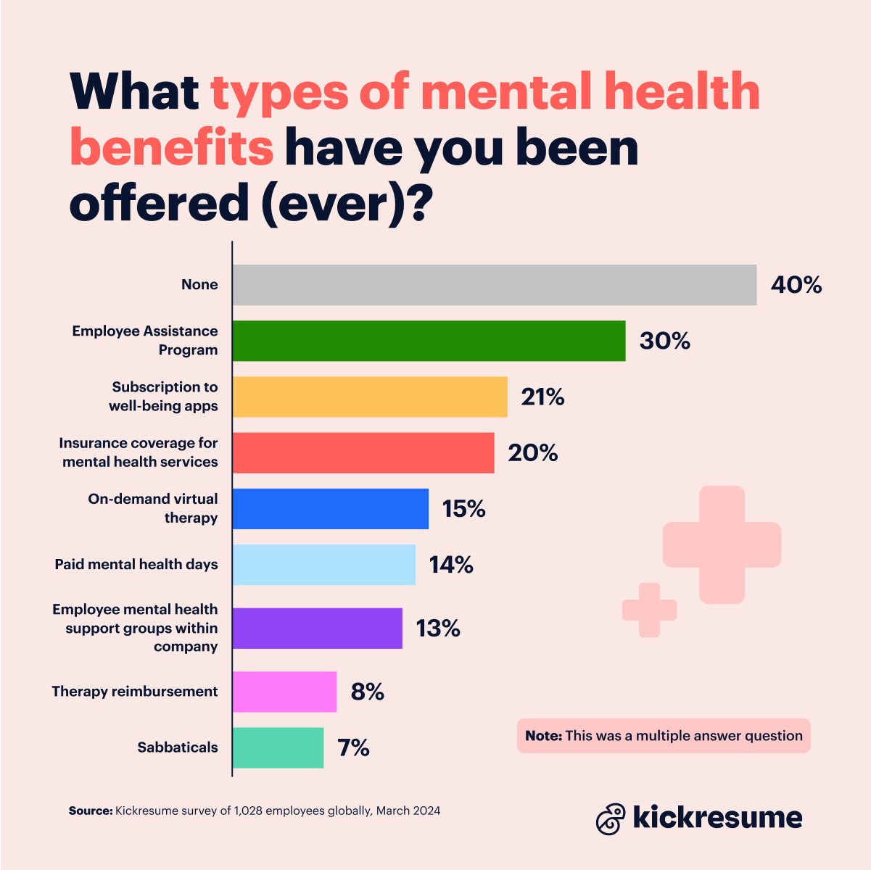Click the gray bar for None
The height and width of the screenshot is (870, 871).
click(x=494, y=285)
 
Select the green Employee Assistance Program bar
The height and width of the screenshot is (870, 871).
click(x=429, y=341)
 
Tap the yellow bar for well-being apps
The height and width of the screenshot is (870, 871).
click(x=370, y=397)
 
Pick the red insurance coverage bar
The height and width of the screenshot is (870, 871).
click(x=363, y=453)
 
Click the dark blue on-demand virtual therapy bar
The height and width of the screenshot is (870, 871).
click(x=331, y=509)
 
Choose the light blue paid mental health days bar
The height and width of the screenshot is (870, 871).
click(x=324, y=565)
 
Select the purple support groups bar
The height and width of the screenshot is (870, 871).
click(x=318, y=628)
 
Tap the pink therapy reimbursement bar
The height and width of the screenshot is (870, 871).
click(x=285, y=692)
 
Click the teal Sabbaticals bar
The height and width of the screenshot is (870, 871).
click(x=278, y=747)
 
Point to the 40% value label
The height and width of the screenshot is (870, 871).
click(x=796, y=285)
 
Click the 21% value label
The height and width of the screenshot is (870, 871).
click(x=542, y=397)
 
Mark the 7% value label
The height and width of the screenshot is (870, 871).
click(x=353, y=747)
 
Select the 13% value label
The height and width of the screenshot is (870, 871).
click(x=438, y=628)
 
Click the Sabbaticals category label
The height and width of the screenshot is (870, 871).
click(x=178, y=747)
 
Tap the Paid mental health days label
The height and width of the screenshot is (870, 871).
click(x=136, y=564)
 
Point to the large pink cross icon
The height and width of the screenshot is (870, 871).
click(x=722, y=544)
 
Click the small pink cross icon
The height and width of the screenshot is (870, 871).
click(x=649, y=610)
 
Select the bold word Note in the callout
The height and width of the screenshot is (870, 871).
click(x=543, y=736)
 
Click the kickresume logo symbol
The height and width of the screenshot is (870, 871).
click(x=611, y=819)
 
